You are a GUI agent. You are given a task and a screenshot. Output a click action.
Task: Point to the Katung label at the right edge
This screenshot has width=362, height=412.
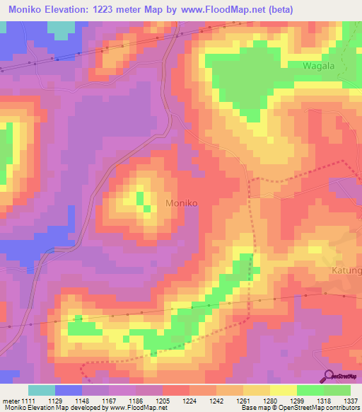347,271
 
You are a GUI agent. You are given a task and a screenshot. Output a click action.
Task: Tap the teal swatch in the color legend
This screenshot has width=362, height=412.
42,390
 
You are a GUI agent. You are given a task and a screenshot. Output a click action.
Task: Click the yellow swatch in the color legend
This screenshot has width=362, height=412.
284,390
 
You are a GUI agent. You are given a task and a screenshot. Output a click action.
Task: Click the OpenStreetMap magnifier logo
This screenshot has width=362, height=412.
327,376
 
